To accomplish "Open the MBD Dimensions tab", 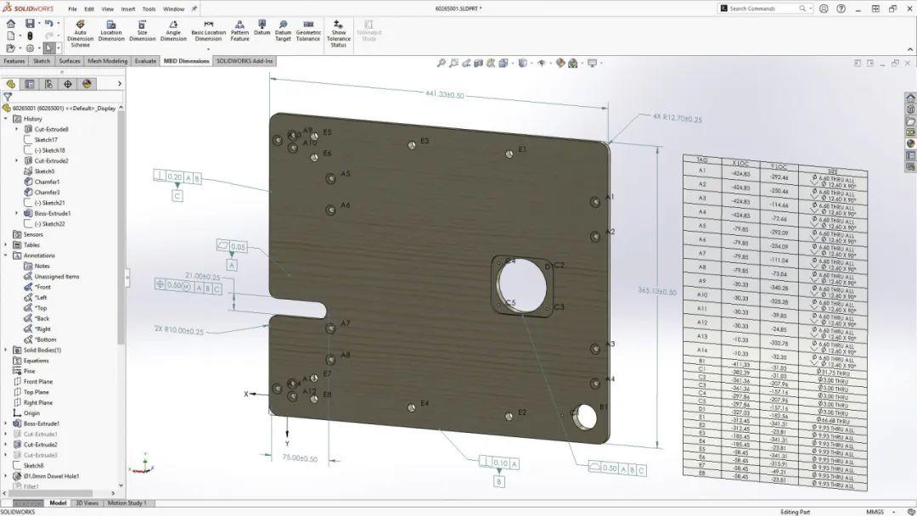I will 186,61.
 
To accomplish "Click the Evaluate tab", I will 145,61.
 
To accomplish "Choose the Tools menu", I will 149,8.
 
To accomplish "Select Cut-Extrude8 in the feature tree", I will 52,129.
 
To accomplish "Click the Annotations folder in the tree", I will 39,255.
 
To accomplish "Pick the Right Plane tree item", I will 37,403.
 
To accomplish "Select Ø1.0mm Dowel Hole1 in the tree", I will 51,476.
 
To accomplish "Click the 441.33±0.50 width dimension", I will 446,95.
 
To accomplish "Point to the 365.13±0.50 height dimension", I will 657,291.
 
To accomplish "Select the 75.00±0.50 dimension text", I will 300,459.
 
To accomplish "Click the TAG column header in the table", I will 701,160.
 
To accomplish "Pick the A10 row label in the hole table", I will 701,294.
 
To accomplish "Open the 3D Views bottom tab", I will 87,503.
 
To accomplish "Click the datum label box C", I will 177,196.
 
